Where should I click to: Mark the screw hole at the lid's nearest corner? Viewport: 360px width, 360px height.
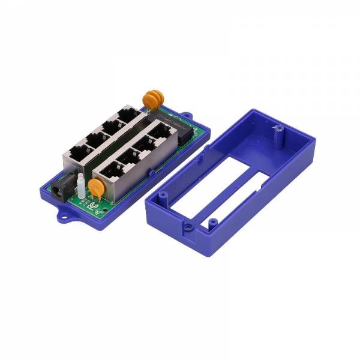click(x=188, y=229)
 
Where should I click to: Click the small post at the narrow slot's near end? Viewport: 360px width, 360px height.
click(x=211, y=223)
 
